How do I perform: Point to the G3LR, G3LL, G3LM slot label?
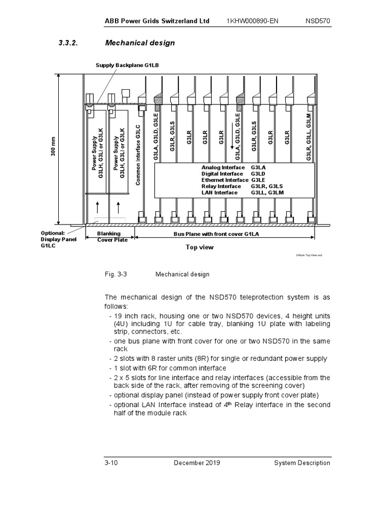click(x=309, y=137)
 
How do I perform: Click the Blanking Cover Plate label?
click(x=112, y=237)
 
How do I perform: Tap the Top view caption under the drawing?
click(x=200, y=247)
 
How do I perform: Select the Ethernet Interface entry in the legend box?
click(x=225, y=180)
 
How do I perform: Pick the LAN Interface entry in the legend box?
click(x=219, y=193)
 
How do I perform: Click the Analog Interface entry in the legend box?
click(x=223, y=167)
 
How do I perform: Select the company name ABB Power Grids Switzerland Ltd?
click(x=157, y=21)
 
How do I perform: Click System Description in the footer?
click(x=302, y=463)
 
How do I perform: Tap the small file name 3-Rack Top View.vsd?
click(x=309, y=256)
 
